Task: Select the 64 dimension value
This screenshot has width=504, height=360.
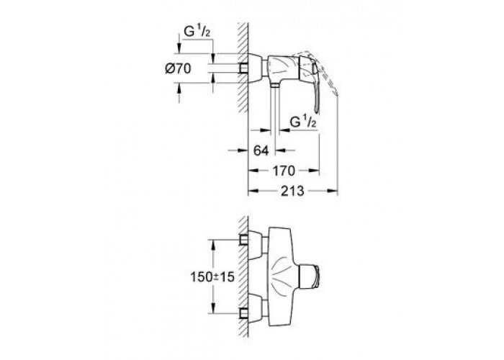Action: [x=260, y=150]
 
